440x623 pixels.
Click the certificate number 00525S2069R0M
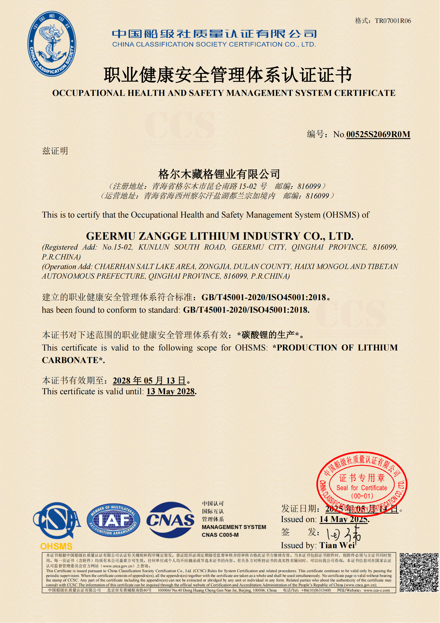(378, 134)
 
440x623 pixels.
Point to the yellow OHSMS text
(56, 546)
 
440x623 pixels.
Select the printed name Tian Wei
(337, 545)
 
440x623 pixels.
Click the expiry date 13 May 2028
(171, 392)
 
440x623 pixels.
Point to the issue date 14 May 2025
(344, 519)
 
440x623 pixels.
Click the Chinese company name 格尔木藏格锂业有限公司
(219, 174)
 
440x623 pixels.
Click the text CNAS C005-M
(220, 535)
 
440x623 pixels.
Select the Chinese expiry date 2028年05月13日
(149, 380)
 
